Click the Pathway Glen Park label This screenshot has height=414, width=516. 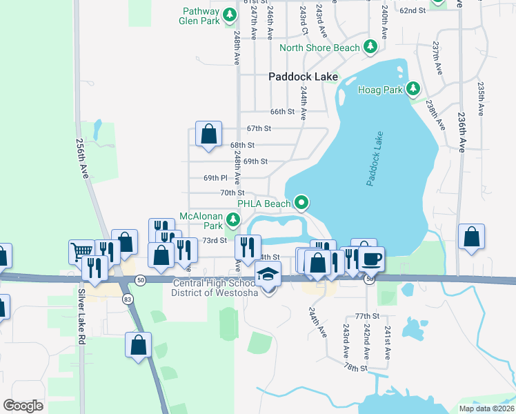click(201, 16)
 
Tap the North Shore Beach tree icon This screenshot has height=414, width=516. click(371, 47)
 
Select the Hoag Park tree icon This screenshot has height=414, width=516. click(413, 89)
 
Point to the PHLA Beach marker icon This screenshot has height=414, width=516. click(301, 203)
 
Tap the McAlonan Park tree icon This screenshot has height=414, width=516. click(233, 220)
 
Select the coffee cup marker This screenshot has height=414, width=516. click(372, 258)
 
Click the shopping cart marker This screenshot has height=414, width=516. click(81, 251)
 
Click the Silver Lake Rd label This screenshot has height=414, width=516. click(81, 316)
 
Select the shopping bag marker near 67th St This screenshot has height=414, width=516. click(208, 135)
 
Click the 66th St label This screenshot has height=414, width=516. click(282, 112)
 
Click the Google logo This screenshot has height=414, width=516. click(23, 406)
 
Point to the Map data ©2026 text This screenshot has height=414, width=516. click(486, 408)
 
